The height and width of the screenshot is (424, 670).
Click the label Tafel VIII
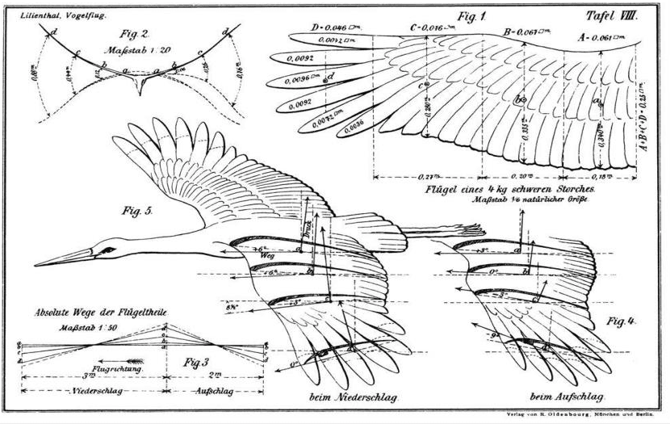[x=612, y=15]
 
